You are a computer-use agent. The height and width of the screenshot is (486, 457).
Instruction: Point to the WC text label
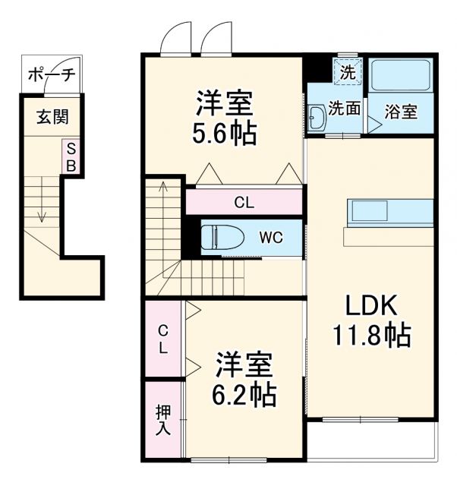(271, 238)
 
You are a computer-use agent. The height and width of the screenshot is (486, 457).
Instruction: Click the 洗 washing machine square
(347, 74)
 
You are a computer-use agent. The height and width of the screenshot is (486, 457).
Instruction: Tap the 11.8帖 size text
(371, 334)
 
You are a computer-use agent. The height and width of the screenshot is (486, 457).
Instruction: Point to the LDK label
(372, 305)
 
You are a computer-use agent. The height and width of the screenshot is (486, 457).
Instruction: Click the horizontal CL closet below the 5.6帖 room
(244, 203)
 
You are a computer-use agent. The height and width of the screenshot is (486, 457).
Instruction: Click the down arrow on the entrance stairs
(43, 216)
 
